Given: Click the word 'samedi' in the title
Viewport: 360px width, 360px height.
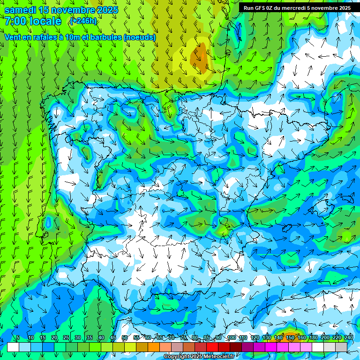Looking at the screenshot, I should (x=21, y=10).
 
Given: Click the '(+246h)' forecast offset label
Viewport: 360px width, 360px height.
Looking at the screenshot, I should (x=83, y=21).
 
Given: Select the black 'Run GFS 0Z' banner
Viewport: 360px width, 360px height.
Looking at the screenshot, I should (x=297, y=7).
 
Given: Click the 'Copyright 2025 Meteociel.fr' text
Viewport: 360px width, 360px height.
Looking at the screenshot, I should (x=199, y=357).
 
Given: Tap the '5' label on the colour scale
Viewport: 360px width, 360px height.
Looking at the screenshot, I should (x=18, y=337).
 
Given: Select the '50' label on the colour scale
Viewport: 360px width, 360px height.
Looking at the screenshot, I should (x=125, y=337).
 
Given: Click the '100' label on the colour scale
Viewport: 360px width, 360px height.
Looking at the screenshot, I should (x=231, y=337).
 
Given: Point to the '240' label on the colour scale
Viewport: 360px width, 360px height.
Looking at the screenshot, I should (x=349, y=337).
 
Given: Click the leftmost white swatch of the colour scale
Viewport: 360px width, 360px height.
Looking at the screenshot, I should (x=13, y=347).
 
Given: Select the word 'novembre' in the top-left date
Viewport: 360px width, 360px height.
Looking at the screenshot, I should (x=72, y=10).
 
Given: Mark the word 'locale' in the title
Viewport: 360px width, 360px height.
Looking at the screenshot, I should (x=45, y=21).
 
